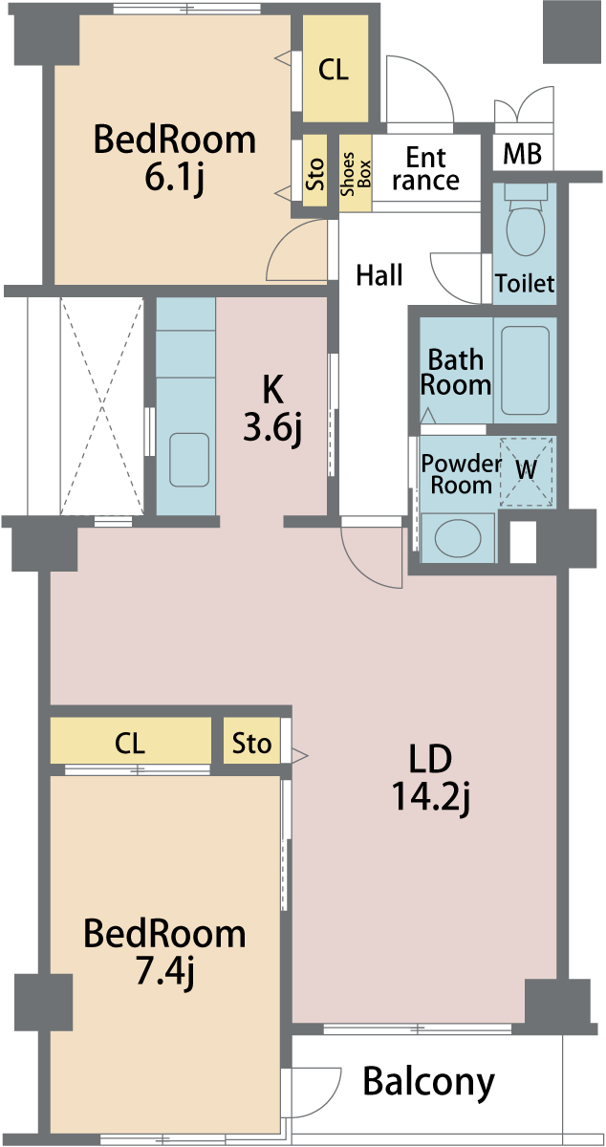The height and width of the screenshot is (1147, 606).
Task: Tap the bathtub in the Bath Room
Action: click(525, 370)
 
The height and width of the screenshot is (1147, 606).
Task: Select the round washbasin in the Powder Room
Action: click(458, 538)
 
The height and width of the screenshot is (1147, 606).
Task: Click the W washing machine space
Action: click(527, 471)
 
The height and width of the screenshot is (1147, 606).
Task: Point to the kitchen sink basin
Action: click(189, 460)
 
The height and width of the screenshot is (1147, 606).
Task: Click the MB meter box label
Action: click(522, 153)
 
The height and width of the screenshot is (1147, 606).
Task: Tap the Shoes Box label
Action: click(356, 174)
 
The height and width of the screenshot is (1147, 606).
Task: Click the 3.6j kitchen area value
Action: click(272, 428)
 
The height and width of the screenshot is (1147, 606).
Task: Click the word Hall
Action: click(379, 275)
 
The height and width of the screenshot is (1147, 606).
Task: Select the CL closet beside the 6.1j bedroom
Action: click(335, 69)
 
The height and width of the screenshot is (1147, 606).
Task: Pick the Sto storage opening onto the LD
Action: click(251, 743)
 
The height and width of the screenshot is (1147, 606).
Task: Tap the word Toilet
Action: click(525, 283)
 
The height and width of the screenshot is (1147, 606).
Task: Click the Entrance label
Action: click(425, 169)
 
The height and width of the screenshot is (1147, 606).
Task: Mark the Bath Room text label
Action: click(455, 372)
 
